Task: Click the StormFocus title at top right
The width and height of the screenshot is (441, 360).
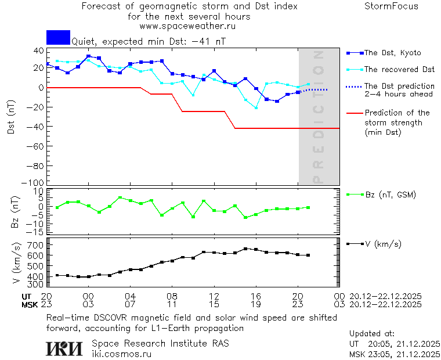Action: tap(391, 6)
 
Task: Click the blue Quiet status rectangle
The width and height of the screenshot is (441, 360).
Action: tap(58, 38)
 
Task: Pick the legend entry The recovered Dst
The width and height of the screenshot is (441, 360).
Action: tap(399, 70)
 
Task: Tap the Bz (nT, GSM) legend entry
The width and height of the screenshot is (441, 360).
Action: tap(390, 195)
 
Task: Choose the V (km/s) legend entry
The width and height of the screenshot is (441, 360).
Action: tap(382, 244)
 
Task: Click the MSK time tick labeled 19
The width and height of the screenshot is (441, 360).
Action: tap(255, 304)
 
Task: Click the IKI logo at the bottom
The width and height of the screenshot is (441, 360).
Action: tap(64, 348)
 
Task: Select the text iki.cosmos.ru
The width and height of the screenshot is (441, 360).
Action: tap(121, 354)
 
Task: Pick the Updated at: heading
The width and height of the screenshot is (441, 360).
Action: tap(373, 333)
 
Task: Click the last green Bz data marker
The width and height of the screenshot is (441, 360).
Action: tap(308, 207)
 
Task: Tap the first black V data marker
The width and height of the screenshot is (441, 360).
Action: tap(57, 275)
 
